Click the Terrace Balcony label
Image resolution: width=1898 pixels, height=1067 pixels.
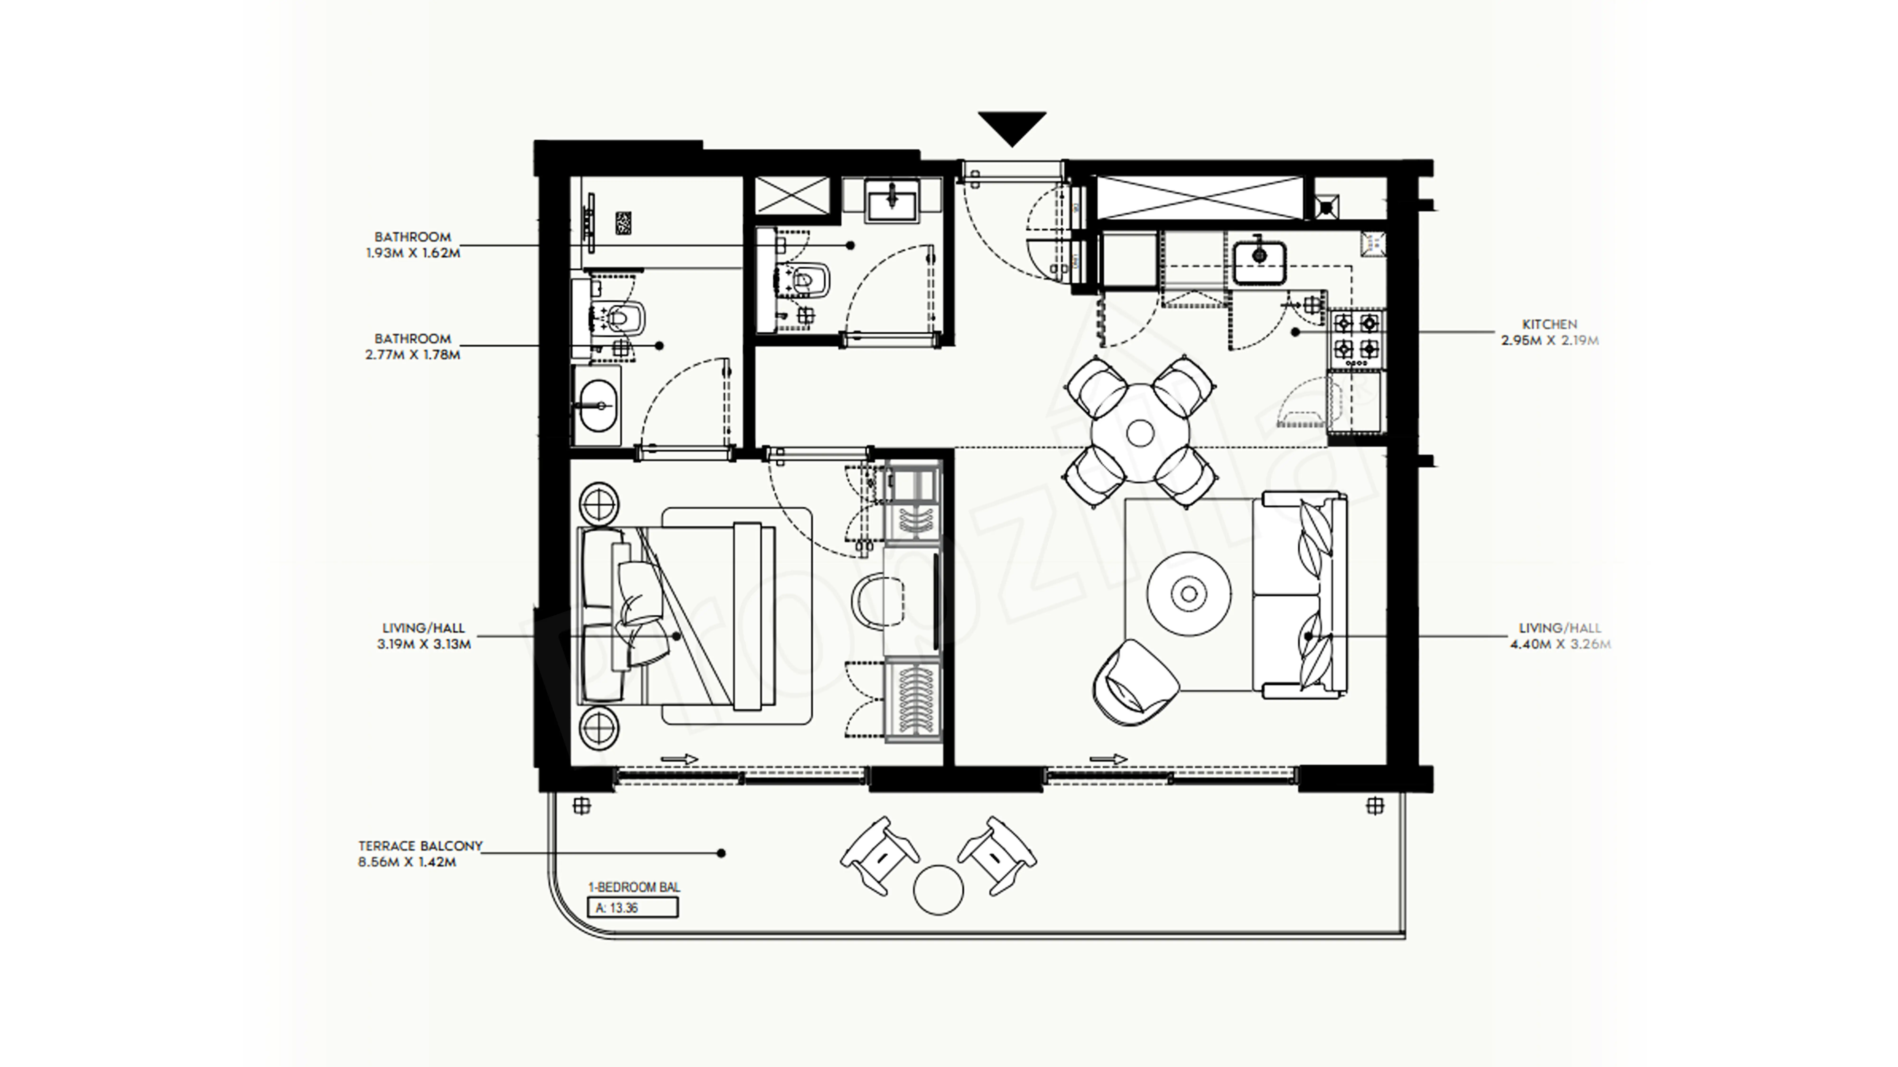pyautogui.click(x=420, y=846)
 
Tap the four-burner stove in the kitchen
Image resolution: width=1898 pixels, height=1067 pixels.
pyautogui.click(x=1356, y=338)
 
